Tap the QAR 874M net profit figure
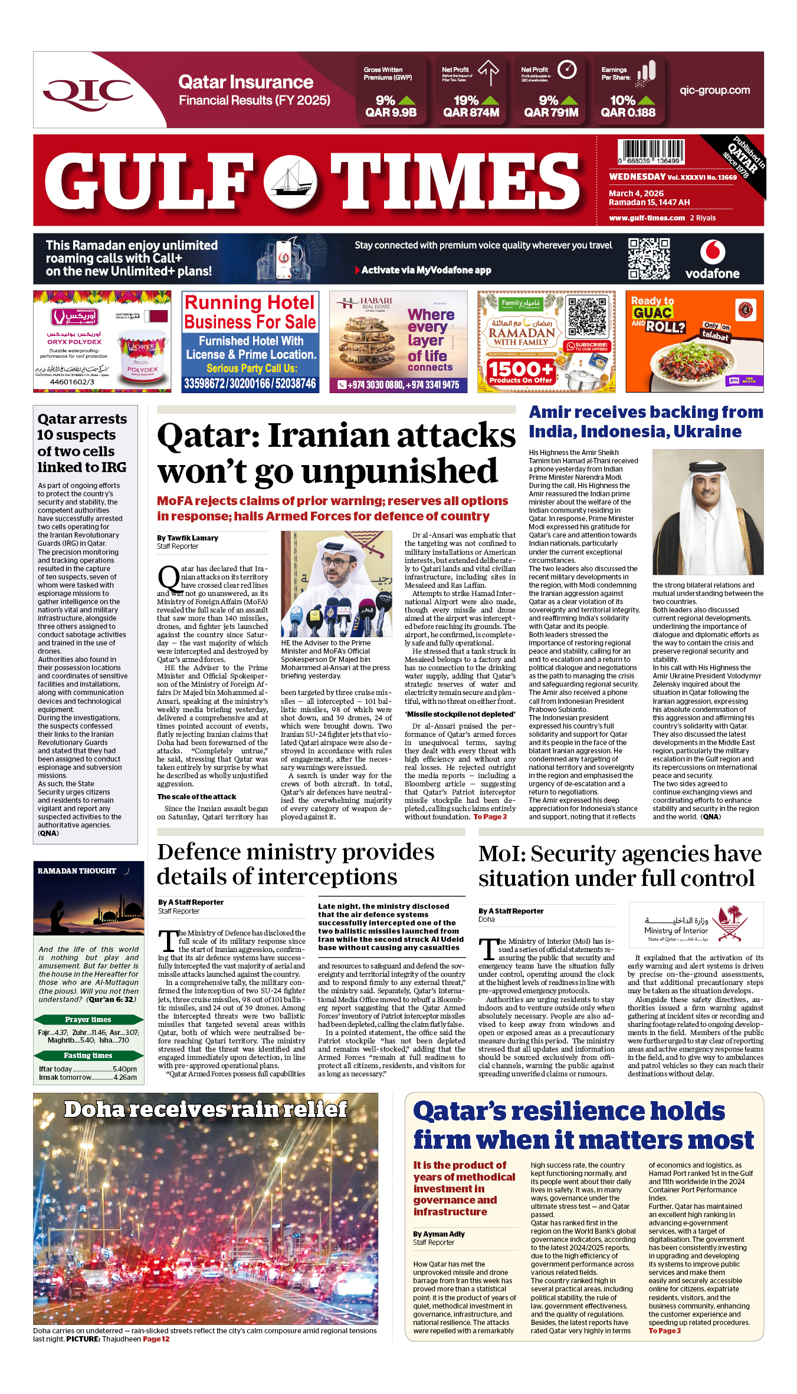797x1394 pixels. (471, 113)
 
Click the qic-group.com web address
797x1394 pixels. (714, 90)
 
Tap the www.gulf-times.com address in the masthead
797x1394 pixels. (647, 218)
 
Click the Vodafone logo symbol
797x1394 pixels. (712, 253)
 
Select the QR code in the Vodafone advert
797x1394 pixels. (648, 258)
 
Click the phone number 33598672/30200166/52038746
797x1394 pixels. (250, 384)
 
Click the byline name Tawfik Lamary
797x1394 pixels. (188, 538)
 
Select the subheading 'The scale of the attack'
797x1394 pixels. (196, 797)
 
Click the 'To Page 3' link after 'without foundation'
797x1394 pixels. (490, 817)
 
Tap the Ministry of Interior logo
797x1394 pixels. (696, 924)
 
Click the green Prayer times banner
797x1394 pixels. (88, 1019)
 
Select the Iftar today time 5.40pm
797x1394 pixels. (124, 1069)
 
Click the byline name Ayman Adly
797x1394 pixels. (439, 1234)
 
